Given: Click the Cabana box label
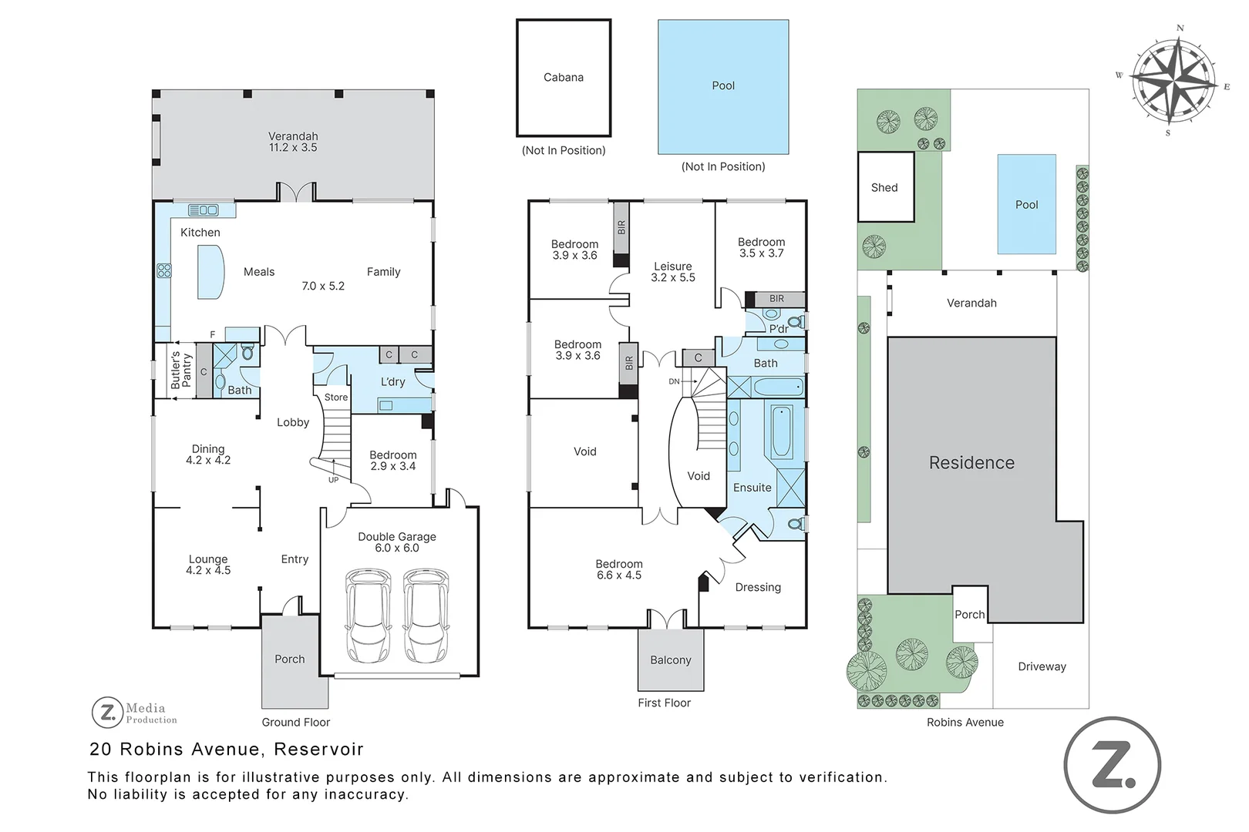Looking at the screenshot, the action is (564, 78).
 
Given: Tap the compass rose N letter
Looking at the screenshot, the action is (1180, 29).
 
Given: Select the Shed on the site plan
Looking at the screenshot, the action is (885, 187).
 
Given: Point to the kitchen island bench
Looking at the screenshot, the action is (210, 272).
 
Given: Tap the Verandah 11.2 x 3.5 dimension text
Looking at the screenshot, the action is (293, 147).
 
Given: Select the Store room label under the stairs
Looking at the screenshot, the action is (336, 398).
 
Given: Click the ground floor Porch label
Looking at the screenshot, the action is (290, 659).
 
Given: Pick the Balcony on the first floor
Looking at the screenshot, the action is (671, 660).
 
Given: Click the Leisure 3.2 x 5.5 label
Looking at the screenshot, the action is (673, 272).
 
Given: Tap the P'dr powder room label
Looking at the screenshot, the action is (779, 330).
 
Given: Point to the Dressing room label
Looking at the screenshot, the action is (758, 588).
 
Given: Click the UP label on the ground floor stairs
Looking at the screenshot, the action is (333, 480).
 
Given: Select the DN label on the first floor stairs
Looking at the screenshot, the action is (674, 381).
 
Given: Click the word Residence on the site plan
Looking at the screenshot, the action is (971, 463).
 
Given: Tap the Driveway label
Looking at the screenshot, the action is (1042, 667).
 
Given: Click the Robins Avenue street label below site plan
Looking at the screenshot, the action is (965, 723).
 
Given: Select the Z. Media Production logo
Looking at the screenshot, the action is (135, 713).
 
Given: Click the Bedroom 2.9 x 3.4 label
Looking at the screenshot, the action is (392, 461).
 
